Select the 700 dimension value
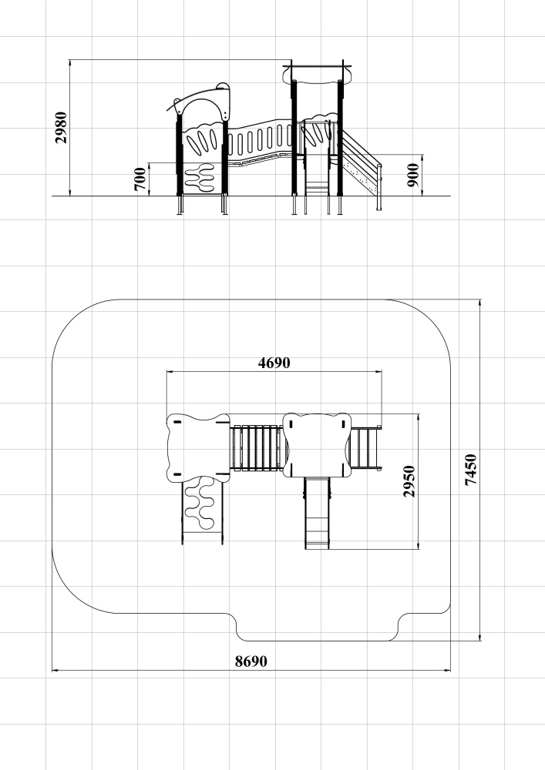pyautogui.click(x=140, y=179)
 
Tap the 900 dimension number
pyautogui.click(x=413, y=176)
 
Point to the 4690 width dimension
pyautogui.click(x=274, y=363)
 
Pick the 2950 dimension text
pyautogui.click(x=409, y=481)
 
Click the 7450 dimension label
pyautogui.click(x=471, y=470)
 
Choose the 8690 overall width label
pyautogui.click(x=251, y=661)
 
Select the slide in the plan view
pyautogui.click(x=317, y=513)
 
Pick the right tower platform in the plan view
pyautogui.click(x=317, y=445)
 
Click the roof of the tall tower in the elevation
pyautogui.click(x=317, y=74)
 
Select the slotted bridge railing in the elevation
pyautogui.click(x=261, y=139)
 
